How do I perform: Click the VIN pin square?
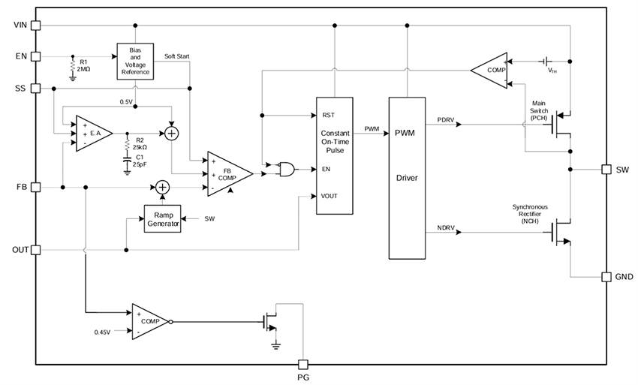[36, 25]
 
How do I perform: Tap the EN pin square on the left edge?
[36, 56]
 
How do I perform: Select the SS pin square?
[36, 88]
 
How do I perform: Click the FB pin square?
[36, 186]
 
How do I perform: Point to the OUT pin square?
[36, 249]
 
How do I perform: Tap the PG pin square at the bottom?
[304, 363]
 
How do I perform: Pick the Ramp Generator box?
[162, 218]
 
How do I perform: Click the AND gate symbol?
[286, 170]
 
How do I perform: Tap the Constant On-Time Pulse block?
[334, 155]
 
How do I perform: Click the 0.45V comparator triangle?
[149, 321]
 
